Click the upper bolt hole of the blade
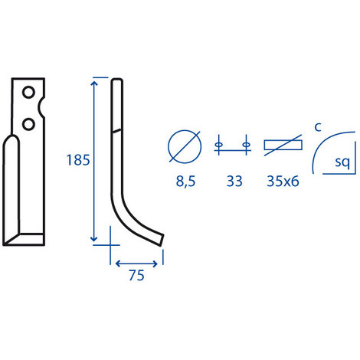tap(28, 92)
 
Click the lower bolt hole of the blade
tap(28, 124)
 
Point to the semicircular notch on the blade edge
tap(41, 108)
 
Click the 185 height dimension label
tap(78, 160)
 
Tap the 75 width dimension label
tap(136, 275)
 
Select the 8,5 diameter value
tap(185, 182)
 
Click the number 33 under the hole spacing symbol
tap(234, 182)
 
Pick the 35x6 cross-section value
tap(283, 182)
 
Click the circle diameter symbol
tap(185, 146)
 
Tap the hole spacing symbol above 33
tap(232, 146)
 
